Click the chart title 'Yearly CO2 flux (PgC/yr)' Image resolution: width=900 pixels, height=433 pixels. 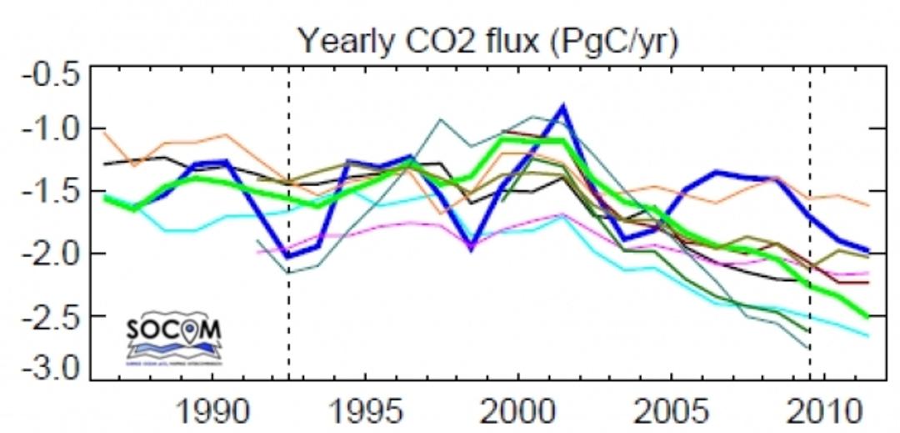point(488,39)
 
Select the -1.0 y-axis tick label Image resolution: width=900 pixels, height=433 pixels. point(51,130)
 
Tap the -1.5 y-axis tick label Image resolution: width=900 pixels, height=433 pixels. point(51,192)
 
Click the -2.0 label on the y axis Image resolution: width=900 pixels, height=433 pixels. point(51,254)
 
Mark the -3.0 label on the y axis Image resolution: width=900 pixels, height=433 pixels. point(51,368)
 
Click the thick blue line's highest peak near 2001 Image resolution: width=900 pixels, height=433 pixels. point(564,107)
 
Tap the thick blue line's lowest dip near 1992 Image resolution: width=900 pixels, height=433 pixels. point(287,256)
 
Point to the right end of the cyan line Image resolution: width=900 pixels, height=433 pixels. point(868,336)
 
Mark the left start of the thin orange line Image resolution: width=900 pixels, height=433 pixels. point(103,132)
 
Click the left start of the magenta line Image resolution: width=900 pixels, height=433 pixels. point(257,252)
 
